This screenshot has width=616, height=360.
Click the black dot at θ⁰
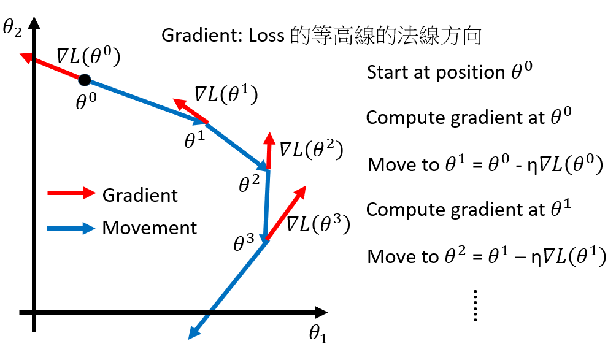click(x=85, y=79)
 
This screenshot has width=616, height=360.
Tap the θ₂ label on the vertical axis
click(x=12, y=28)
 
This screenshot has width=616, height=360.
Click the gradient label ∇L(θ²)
click(x=310, y=149)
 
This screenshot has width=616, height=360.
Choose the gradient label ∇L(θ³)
click(x=318, y=224)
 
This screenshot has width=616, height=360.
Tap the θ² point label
click(x=248, y=182)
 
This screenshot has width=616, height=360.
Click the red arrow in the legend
click(x=71, y=194)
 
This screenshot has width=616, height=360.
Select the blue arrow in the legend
click(x=71, y=228)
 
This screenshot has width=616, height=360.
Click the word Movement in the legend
click(x=150, y=228)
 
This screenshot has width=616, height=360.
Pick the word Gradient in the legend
click(x=140, y=195)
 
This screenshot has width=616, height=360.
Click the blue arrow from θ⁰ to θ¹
click(x=147, y=102)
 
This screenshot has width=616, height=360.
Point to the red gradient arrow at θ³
click(x=286, y=212)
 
